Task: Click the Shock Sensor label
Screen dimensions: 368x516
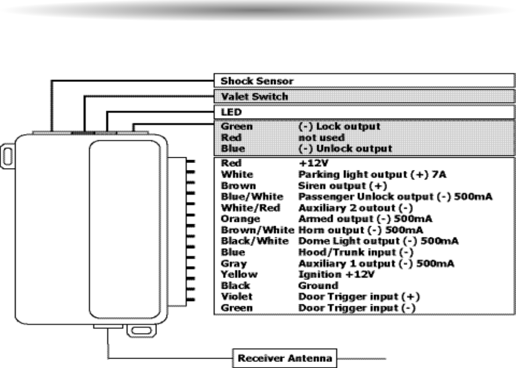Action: [257, 81]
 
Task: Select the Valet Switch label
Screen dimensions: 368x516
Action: [254, 96]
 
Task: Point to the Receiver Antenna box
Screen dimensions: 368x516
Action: [285, 359]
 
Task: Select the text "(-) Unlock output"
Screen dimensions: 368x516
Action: [345, 149]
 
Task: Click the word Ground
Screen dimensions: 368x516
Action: [318, 286]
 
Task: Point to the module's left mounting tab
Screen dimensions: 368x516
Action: [7, 155]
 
